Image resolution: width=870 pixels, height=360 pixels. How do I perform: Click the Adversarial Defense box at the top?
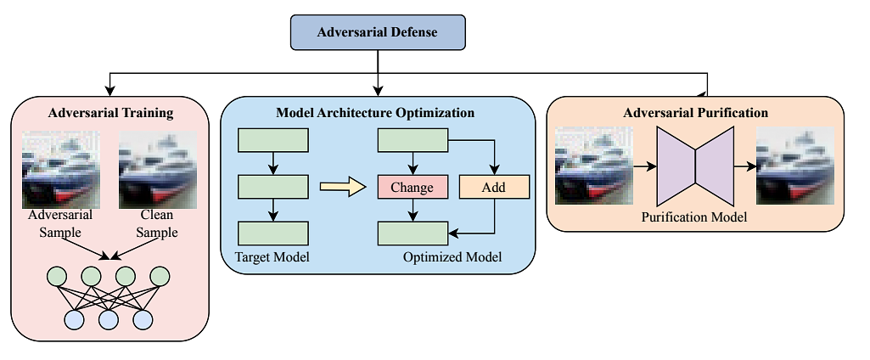coord(378,32)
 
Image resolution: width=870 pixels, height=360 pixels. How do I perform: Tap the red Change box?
coord(412,187)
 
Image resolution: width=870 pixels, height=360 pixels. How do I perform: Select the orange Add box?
coord(493,187)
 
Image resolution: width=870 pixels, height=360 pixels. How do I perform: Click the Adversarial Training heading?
coord(110,112)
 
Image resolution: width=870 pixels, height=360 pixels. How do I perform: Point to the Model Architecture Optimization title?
coord(375,112)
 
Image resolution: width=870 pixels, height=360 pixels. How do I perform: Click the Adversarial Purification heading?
coord(695,112)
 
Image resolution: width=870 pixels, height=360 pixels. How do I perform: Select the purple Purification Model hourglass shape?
coord(696,166)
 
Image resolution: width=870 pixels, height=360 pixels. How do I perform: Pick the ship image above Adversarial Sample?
coord(59,168)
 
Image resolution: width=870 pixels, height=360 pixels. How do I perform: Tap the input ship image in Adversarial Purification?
coord(593,166)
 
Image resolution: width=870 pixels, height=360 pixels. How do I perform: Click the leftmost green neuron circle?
coord(57,277)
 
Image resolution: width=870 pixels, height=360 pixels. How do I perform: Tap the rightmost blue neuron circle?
coord(143,318)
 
